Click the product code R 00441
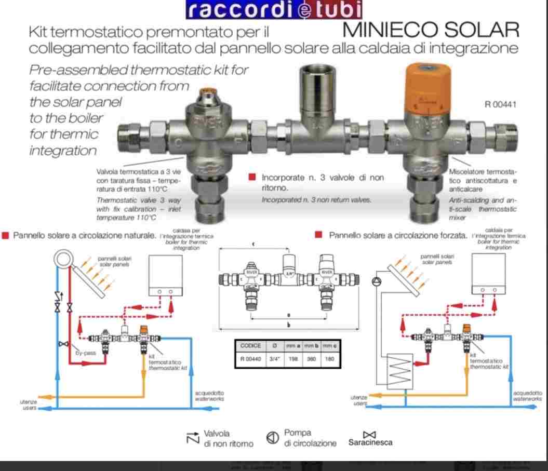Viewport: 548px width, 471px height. click(x=501, y=104)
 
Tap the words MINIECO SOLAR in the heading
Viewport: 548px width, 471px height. click(x=431, y=30)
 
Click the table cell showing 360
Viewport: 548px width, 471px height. click(x=310, y=358)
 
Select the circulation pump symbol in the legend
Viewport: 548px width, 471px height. click(x=272, y=438)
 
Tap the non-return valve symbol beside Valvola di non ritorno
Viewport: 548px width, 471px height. click(x=192, y=438)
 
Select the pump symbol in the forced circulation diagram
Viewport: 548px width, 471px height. click(x=376, y=282)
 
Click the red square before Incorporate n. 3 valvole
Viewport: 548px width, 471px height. click(x=252, y=178)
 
